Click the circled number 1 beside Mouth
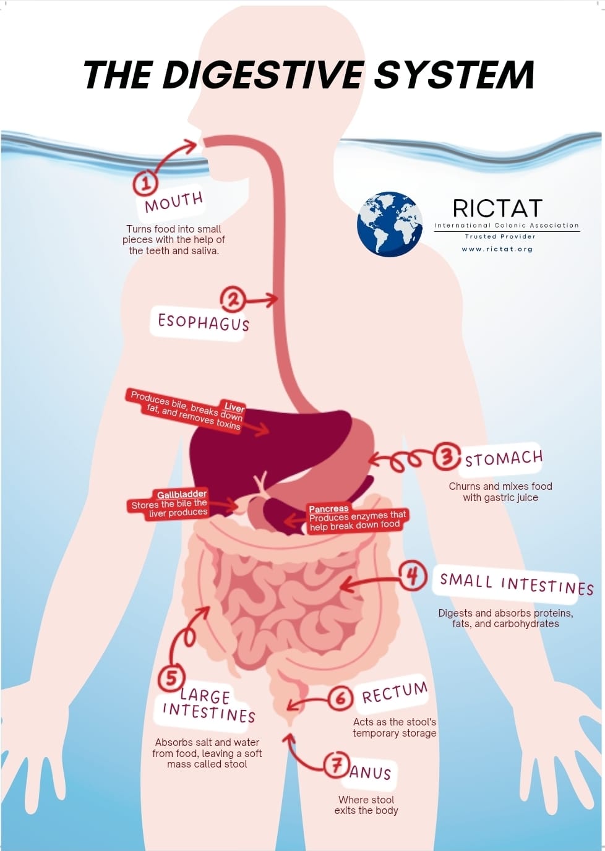[x=146, y=182]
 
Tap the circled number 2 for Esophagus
[x=233, y=299]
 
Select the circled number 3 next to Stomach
[x=446, y=457]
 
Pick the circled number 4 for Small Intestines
[x=413, y=576]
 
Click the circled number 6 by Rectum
[x=340, y=698]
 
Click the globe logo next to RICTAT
[x=390, y=224]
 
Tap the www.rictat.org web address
[x=497, y=249]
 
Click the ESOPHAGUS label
[x=204, y=322]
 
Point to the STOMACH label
[x=504, y=459]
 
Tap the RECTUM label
[x=395, y=693]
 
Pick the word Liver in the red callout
[x=234, y=407]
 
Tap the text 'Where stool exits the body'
[x=366, y=805]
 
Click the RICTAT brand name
[x=497, y=208]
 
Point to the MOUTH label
[x=173, y=202]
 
